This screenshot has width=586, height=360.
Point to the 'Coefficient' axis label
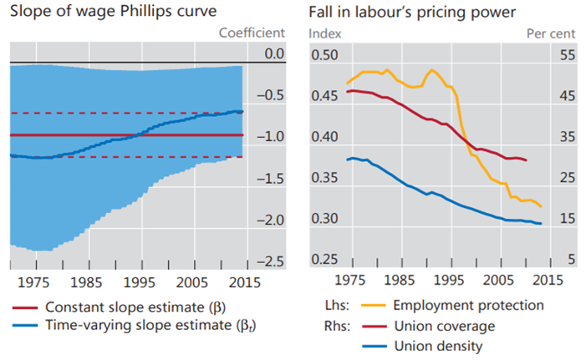pos(252,33)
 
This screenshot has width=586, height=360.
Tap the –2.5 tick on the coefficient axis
pos(268,261)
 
